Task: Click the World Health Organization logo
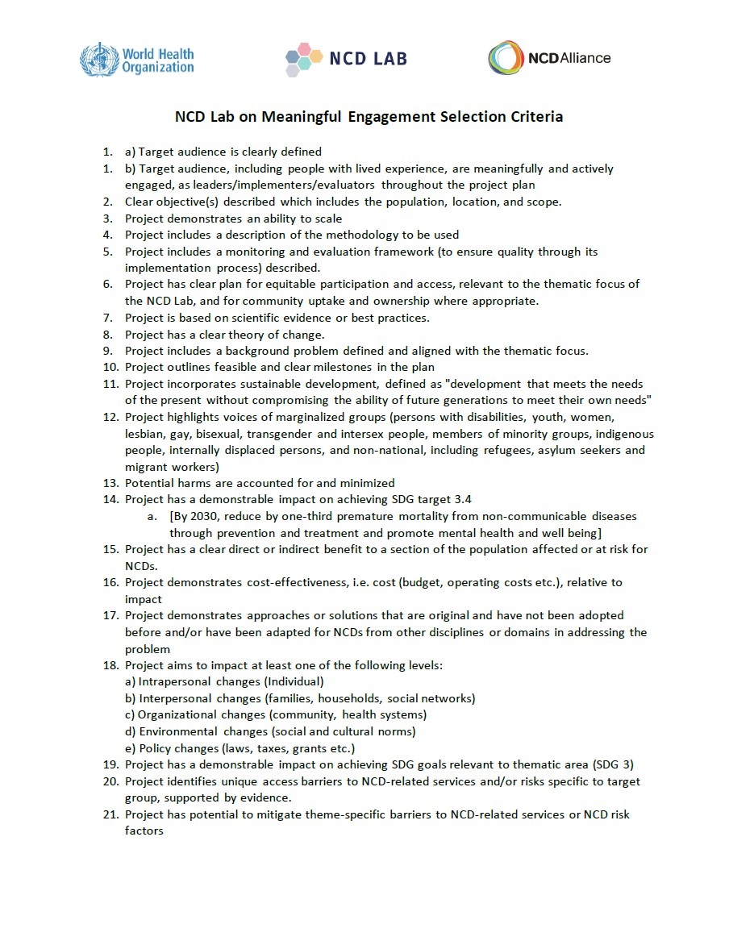pyautogui.click(x=137, y=59)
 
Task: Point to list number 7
pyautogui.click(x=108, y=318)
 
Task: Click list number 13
pyautogui.click(x=110, y=483)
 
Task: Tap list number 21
pyautogui.click(x=110, y=814)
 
